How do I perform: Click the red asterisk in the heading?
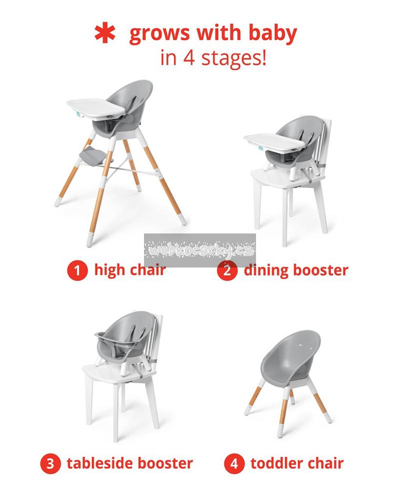coord(104,34)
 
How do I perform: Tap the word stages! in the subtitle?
coord(234,58)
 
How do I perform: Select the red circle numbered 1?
coord(77,271)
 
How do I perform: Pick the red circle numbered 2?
coord(227,271)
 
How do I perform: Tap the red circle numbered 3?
coord(50,463)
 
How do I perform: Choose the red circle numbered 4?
coord(234,463)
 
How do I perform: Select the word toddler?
coord(276,463)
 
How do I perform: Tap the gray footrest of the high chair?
coord(92,156)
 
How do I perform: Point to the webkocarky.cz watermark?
coord(200,250)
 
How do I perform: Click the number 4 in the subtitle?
coord(189,58)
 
